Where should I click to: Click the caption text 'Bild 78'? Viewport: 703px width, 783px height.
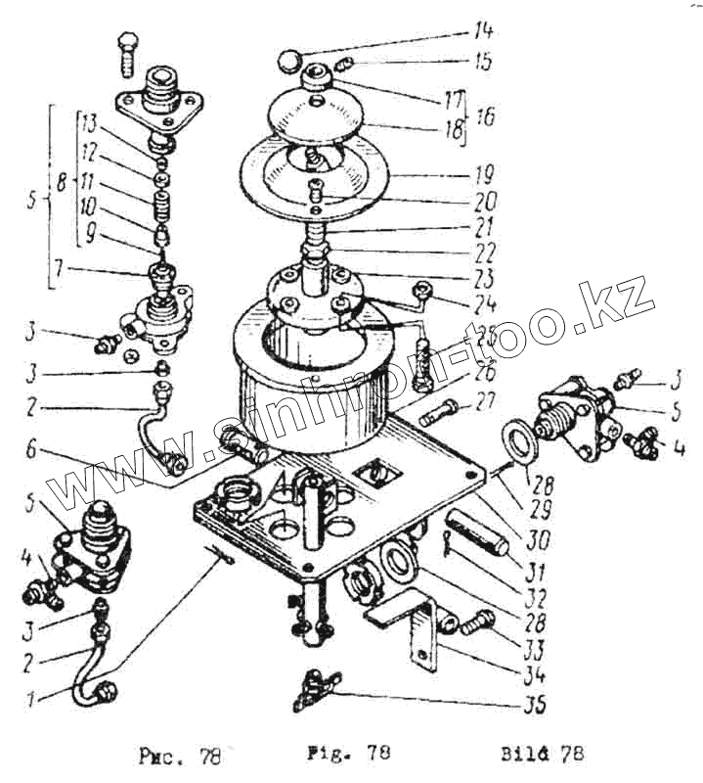pyautogui.click(x=543, y=754)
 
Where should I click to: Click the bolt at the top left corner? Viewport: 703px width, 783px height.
pyautogui.click(x=127, y=57)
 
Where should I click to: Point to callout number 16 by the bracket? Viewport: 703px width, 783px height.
pyautogui.click(x=485, y=115)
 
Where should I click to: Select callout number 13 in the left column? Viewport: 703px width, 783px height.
pyautogui.click(x=90, y=123)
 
